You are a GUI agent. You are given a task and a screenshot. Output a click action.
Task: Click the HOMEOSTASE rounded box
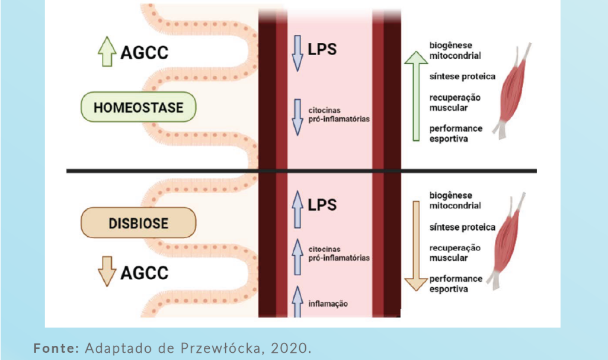click(138, 108)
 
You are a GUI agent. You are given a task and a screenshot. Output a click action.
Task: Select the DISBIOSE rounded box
click(139, 223)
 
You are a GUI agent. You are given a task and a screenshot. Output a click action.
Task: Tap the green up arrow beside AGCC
click(107, 53)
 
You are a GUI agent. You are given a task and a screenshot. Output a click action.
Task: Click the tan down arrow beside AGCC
click(107, 271)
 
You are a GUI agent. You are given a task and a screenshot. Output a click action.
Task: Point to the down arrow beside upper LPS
click(297, 52)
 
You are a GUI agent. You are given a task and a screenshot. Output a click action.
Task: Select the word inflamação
click(328, 304)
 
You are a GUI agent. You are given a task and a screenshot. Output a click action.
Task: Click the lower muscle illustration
click(511, 240)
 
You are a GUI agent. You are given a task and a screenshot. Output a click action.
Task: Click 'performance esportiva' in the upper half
click(456, 133)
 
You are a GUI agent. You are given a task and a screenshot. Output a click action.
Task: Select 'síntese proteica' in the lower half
click(462, 227)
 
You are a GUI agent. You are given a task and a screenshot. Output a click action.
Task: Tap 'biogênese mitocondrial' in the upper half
click(455, 50)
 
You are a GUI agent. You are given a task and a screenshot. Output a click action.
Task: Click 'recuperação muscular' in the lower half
click(455, 253)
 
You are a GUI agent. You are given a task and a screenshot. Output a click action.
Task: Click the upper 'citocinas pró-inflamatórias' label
click(338, 114)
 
